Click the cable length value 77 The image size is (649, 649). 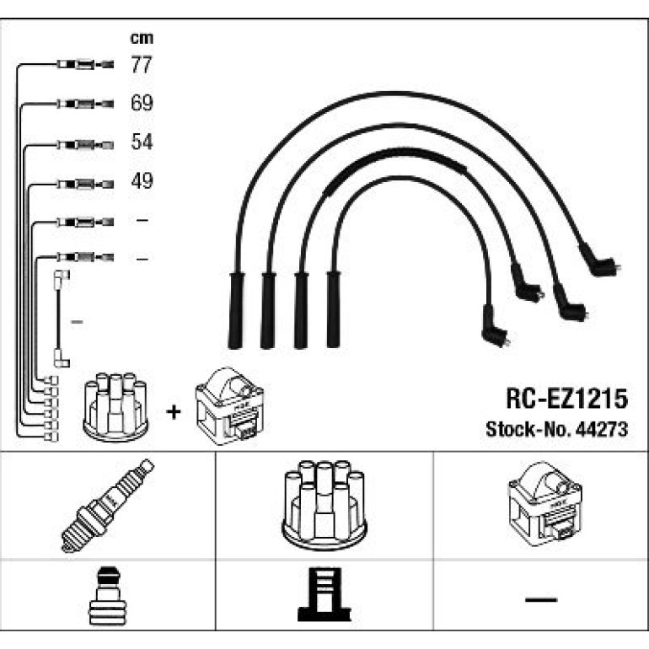pyautogui.click(x=142, y=65)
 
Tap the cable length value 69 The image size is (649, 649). pyautogui.click(x=142, y=103)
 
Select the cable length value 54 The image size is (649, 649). pyautogui.click(x=142, y=142)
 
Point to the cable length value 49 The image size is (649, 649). pyautogui.click(x=142, y=180)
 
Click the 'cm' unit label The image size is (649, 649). pyautogui.click(x=142, y=38)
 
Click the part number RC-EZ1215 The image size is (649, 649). pyautogui.click(x=566, y=399)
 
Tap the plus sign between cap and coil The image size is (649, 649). pyautogui.click(x=174, y=412)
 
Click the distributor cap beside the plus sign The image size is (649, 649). pyautogui.click(x=115, y=406)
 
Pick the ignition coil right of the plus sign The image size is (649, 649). pyautogui.click(x=229, y=406)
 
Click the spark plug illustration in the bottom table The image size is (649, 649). pyautogui.click(x=107, y=505)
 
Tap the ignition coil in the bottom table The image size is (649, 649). pyautogui.click(x=544, y=504)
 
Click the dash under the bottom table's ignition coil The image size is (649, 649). pyautogui.click(x=541, y=599)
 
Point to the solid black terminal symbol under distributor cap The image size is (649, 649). pyautogui.click(x=324, y=594)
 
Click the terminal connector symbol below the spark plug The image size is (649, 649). pyautogui.click(x=108, y=596)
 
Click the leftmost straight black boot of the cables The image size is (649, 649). pyautogui.click(x=236, y=310)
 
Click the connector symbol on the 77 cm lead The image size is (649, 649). pyautogui.click(x=85, y=65)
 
